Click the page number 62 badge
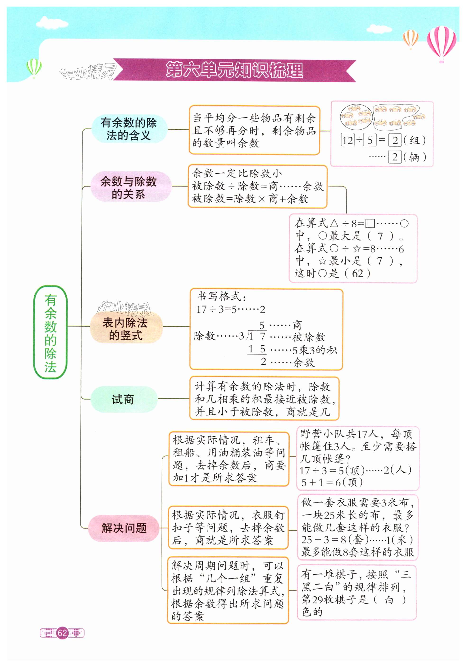click(62, 633)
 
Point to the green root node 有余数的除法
click(50, 332)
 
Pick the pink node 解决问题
click(124, 528)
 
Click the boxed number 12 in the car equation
click(348, 140)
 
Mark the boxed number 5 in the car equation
click(370, 140)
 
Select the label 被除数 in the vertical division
click(308, 337)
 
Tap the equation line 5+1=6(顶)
click(332, 482)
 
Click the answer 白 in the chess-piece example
click(389, 599)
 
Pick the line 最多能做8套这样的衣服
click(358, 552)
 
